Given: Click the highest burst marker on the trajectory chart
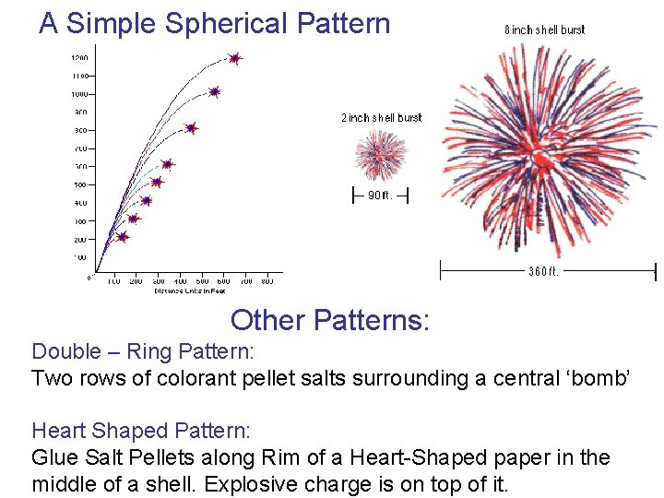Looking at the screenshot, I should coord(234,58).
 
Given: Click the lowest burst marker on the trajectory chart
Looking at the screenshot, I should coord(122,237).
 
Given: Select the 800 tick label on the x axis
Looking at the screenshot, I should coord(267,280).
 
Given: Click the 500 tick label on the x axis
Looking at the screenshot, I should coord(202,280).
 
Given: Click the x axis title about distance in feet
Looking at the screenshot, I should coord(189,290).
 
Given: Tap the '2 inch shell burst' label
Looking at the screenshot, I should coord(381,118).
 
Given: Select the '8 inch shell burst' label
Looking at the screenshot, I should coord(544,30).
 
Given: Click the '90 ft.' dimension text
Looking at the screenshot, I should coord(380,195).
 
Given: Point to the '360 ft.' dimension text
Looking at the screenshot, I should coord(544,271).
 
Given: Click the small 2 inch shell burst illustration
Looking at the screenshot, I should coord(380,154).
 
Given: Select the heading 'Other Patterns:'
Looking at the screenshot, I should coord(329,320).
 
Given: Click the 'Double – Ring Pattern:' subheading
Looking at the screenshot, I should coord(142,351).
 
